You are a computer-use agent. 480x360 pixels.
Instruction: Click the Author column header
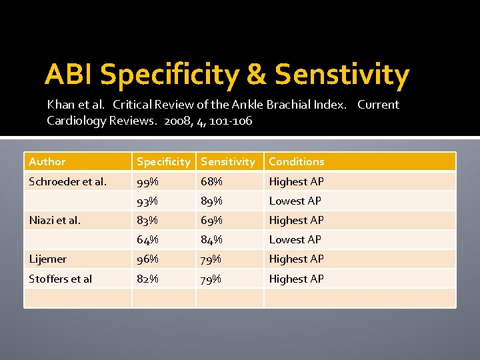click(x=47, y=162)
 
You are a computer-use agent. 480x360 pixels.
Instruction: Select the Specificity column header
click(x=163, y=162)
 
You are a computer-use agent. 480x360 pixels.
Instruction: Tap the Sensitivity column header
click(x=228, y=162)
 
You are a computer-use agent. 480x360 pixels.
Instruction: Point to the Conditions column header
click(x=297, y=162)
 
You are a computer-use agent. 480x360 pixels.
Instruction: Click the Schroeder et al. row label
click(x=67, y=181)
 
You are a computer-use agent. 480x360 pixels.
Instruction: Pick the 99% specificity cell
click(x=147, y=181)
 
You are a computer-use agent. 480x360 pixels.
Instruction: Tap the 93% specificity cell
click(x=147, y=201)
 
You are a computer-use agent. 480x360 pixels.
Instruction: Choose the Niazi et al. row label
click(x=55, y=220)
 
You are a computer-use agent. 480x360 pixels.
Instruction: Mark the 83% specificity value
click(x=147, y=220)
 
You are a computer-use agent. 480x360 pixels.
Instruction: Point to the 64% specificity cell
click(x=147, y=239)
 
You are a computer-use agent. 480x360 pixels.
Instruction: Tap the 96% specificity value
click(x=147, y=259)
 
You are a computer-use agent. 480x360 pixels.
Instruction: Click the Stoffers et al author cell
click(x=60, y=279)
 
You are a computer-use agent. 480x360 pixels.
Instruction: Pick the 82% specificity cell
click(x=147, y=279)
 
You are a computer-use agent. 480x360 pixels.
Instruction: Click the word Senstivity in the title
click(x=342, y=75)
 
